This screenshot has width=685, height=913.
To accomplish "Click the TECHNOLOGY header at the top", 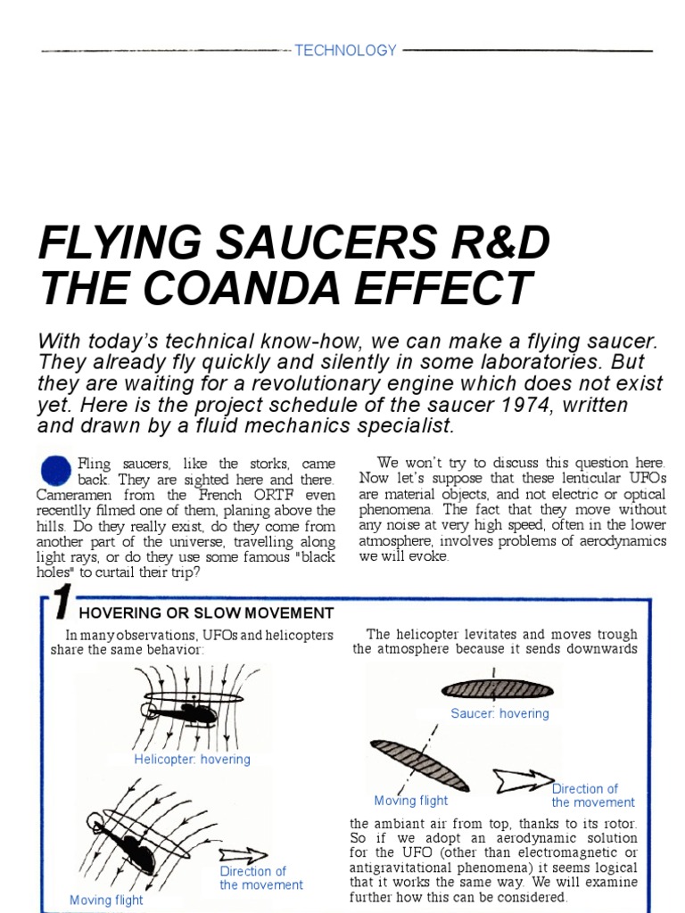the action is [x=345, y=51].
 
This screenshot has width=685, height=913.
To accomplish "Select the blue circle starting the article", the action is [x=55, y=470].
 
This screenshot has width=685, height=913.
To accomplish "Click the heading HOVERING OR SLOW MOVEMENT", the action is [x=206, y=613].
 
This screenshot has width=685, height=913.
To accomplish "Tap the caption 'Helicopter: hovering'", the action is [x=192, y=760].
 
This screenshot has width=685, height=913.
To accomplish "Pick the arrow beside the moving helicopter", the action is [x=242, y=855].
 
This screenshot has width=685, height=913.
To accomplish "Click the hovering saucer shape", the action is [x=497, y=688].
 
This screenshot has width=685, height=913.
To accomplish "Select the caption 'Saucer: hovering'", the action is [x=499, y=713].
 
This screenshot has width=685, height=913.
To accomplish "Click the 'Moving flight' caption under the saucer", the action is [x=410, y=801].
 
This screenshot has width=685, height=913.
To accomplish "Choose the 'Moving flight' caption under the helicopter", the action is [x=106, y=900].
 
